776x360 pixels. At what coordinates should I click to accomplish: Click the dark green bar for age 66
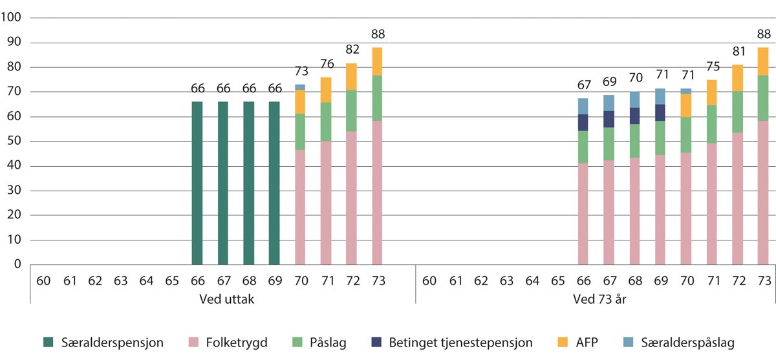coord(197,183)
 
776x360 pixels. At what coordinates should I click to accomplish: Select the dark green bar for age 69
coord(274,183)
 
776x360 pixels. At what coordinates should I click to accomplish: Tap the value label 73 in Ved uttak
coord(300,71)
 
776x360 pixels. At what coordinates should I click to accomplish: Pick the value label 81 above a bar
coord(737,52)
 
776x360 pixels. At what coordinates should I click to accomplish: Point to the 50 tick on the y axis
coord(15,142)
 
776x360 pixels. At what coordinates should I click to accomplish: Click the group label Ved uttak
coord(222,299)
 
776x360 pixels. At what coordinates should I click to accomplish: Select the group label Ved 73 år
coord(596,299)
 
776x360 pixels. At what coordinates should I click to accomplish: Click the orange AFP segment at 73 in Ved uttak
coord(378,61)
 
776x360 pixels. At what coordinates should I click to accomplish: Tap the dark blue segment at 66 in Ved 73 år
coord(583,122)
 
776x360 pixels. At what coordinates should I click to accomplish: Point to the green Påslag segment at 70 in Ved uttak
coord(300,132)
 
